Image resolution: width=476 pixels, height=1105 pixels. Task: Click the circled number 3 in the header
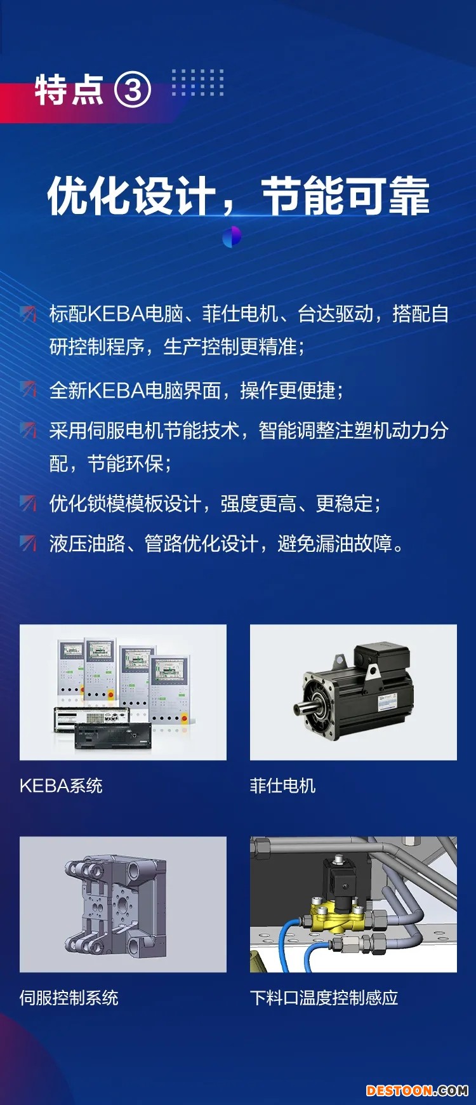point(133,90)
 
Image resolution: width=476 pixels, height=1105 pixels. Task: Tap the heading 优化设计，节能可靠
point(239,196)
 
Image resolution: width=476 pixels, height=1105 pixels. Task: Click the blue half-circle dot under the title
point(232,237)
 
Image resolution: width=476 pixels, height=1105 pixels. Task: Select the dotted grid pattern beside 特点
point(198,83)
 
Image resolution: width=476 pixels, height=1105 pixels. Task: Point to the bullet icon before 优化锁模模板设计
point(28,503)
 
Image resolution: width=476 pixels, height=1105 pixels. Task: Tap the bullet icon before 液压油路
point(28,543)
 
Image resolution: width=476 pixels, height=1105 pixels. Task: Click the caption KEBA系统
point(61,786)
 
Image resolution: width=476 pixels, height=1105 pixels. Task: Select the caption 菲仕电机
point(282,786)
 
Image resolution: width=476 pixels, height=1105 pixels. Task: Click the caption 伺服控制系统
point(69,998)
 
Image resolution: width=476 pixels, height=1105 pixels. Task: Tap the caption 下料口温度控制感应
point(324,998)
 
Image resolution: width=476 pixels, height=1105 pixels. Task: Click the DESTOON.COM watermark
point(417,1090)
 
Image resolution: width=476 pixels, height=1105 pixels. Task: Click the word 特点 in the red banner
point(69,90)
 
